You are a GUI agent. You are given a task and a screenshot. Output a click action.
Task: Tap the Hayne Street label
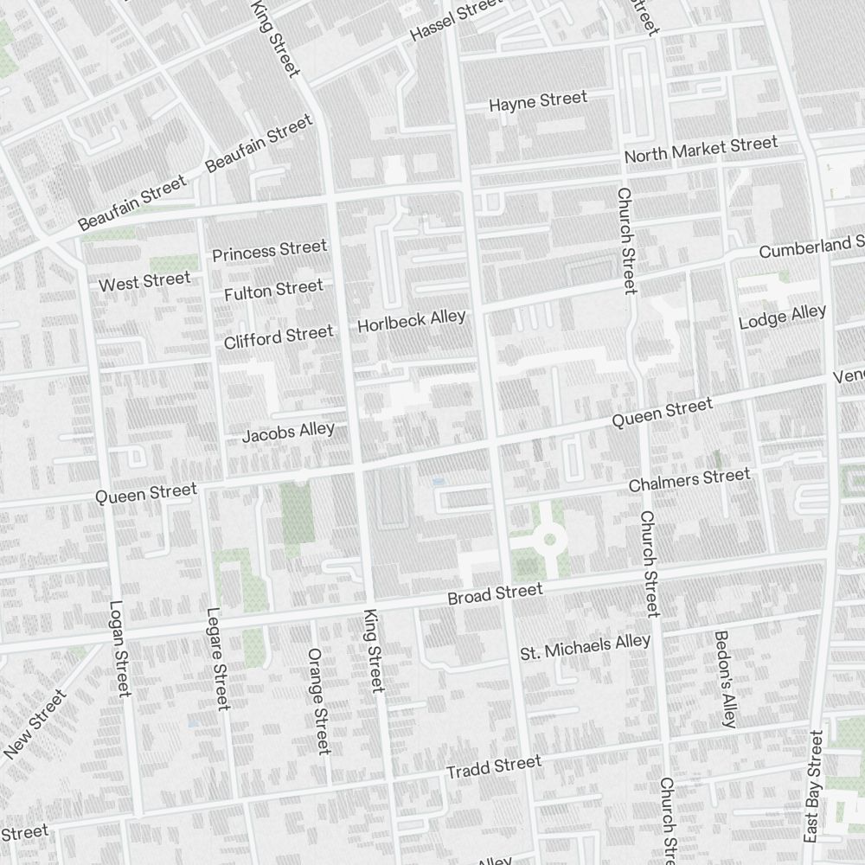point(537,101)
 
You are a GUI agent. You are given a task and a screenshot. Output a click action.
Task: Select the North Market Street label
point(701,150)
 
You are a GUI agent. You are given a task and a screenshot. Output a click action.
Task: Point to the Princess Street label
point(269,251)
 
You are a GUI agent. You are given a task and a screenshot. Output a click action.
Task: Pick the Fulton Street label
point(273,291)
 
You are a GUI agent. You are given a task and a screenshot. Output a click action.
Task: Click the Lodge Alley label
point(782,317)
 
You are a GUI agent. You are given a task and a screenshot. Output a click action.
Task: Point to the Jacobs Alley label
point(287,432)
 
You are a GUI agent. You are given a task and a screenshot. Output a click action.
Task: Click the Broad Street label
point(495,595)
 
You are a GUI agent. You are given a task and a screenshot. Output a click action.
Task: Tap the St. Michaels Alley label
point(585,647)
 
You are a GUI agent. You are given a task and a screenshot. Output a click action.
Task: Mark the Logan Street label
point(119,649)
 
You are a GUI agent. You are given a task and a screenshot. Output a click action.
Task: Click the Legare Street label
point(217,658)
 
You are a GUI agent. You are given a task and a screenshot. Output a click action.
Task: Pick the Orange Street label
point(319,701)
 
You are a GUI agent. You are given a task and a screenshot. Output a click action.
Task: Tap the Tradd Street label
point(493,766)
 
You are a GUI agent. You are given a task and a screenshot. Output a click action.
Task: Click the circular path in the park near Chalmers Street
point(549,541)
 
